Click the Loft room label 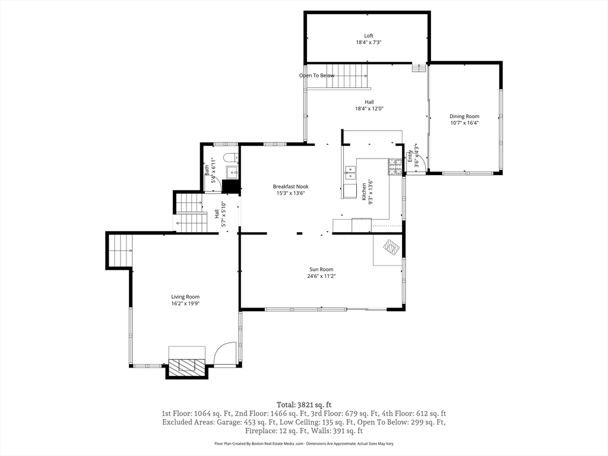(369, 36)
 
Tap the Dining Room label (464, 116)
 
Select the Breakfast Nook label (290, 186)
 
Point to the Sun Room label (321, 270)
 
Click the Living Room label (185, 297)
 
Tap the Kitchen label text (364, 192)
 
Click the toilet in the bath (230, 157)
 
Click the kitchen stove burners (395, 166)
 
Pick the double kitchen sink (350, 173)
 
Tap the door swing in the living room (224, 352)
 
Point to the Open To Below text (316, 75)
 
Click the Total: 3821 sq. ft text (304, 405)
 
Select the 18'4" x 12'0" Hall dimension (369, 109)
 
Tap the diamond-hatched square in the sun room (391, 247)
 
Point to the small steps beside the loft (419, 68)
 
